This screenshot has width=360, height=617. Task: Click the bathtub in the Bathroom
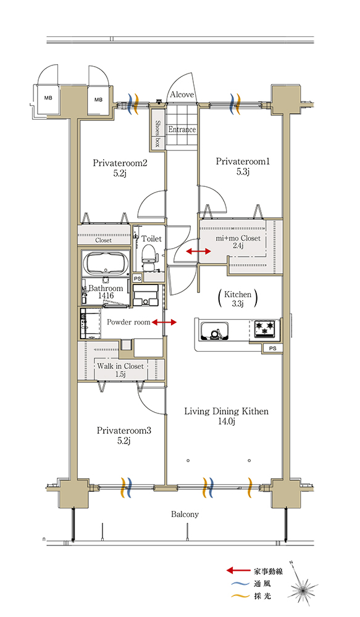coord(106,263)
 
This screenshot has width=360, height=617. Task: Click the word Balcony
coord(185,515)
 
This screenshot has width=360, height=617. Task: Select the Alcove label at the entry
coord(182,94)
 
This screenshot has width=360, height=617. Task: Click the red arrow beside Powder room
coord(164,323)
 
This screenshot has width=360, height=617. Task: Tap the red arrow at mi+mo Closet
coord(198,251)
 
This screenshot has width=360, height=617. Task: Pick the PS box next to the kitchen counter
coord(272,348)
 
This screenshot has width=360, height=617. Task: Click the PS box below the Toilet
coord(137,278)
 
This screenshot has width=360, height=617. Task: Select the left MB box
coord(48,98)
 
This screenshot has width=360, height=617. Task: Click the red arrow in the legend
coord(238,570)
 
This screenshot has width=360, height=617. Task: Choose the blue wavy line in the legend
coord(238,584)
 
